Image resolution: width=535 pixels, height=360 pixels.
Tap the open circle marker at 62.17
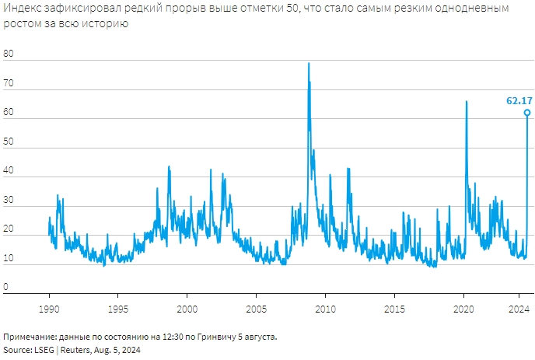point(527,113)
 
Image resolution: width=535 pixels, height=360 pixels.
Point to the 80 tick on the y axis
point(9,54)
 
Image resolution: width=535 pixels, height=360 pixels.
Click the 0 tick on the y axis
point(6,286)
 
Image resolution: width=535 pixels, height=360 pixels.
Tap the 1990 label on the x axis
point(49,309)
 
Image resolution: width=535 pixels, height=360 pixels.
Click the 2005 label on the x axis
point(256,309)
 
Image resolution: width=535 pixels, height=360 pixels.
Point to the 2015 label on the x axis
point(394,309)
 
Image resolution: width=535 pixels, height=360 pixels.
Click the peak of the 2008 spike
point(309,64)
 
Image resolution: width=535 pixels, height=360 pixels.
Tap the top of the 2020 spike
point(467,102)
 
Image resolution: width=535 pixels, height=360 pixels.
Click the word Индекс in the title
point(21,9)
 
